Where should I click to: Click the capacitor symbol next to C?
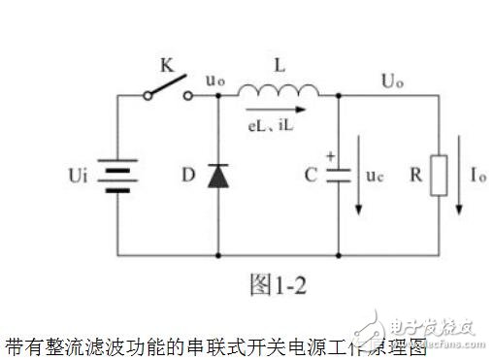click(339, 179)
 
